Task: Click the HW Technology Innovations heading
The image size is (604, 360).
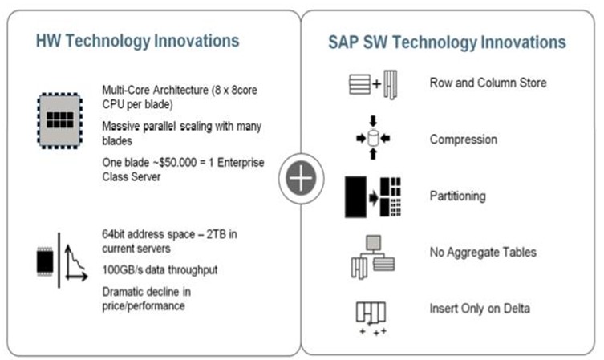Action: tap(137, 41)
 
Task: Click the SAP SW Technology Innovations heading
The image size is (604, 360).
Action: tap(447, 42)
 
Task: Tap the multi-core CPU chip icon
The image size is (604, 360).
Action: tap(59, 120)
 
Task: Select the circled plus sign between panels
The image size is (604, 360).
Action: tap(301, 178)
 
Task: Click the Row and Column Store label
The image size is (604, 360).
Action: tap(488, 83)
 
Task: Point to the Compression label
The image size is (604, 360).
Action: tap(464, 140)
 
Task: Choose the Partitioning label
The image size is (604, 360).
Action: tap(458, 196)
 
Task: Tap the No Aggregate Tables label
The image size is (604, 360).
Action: tap(483, 253)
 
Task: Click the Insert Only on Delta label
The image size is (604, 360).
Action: tap(480, 309)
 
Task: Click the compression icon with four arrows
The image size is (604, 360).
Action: tap(373, 138)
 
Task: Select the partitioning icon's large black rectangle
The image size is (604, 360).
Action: tap(355, 197)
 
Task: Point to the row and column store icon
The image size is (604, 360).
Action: tap(373, 84)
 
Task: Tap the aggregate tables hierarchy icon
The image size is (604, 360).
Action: tap(373, 257)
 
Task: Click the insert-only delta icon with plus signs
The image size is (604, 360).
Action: tap(371, 318)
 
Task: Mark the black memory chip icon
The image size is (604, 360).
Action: tap(45, 261)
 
